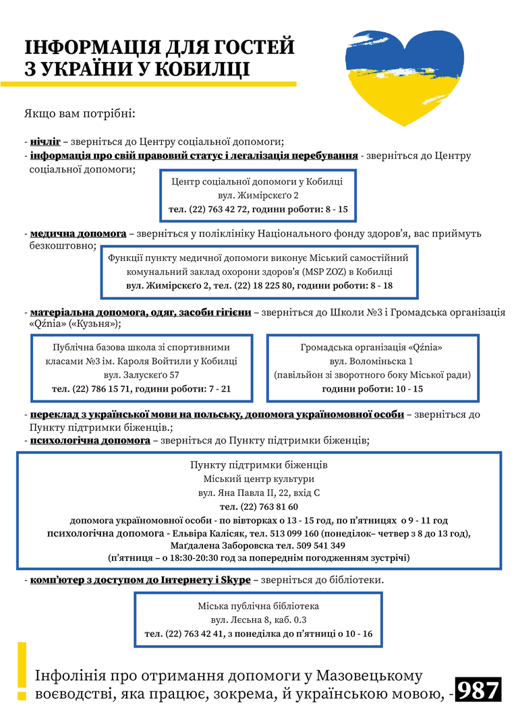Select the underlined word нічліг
pos(45,142)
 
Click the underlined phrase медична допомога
pos(78,233)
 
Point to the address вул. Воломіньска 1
pos(376,361)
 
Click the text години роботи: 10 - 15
pos(372,389)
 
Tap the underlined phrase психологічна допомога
pos(90,440)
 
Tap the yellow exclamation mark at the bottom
pos(22,671)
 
